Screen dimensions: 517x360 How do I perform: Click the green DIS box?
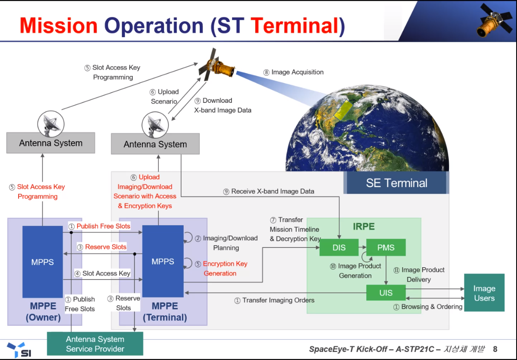coord(339,247)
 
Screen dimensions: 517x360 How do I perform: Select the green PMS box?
coord(386,247)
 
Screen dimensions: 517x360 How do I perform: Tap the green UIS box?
coord(386,293)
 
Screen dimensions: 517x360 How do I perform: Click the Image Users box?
coord(484,293)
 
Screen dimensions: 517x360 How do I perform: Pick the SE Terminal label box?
coord(396,183)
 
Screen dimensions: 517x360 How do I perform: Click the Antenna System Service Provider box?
coord(95,344)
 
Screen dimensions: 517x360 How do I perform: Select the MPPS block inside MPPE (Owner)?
coord(43,262)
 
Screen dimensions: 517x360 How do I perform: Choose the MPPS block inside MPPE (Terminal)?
coord(163,261)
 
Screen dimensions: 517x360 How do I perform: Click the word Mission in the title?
coord(59,26)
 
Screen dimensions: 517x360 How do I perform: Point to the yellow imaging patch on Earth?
coord(343,110)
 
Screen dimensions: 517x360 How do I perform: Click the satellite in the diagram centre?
coord(216,64)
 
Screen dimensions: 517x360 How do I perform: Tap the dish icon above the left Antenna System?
coord(51,124)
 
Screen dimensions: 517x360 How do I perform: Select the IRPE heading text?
coord(364,226)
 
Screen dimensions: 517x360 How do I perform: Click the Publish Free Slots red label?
coord(103,226)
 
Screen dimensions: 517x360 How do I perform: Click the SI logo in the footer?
coord(19,350)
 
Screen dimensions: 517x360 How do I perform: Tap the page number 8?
coord(495,349)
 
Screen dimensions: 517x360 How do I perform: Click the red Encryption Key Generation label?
coord(225,269)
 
